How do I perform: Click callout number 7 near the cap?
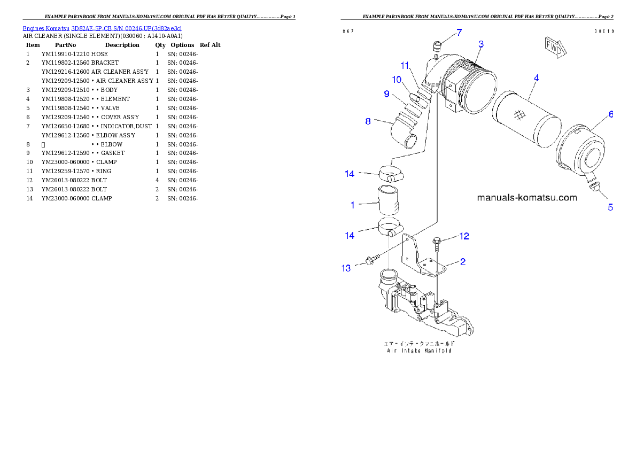click(x=459, y=33)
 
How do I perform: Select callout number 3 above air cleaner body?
click(x=481, y=44)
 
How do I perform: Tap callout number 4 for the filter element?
click(x=536, y=78)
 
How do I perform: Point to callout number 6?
click(x=610, y=114)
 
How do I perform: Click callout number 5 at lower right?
click(x=610, y=207)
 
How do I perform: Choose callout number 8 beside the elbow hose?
click(x=368, y=121)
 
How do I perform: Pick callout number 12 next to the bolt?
click(x=464, y=236)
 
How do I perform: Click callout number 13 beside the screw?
click(x=346, y=268)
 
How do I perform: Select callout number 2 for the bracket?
click(x=463, y=262)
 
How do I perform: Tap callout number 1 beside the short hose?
click(x=353, y=205)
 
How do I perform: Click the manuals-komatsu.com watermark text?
click(x=526, y=198)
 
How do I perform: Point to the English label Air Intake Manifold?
click(x=420, y=352)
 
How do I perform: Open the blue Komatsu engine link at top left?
click(x=102, y=28)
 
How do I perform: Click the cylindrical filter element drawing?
click(x=526, y=119)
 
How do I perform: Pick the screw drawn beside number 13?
click(x=370, y=260)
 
